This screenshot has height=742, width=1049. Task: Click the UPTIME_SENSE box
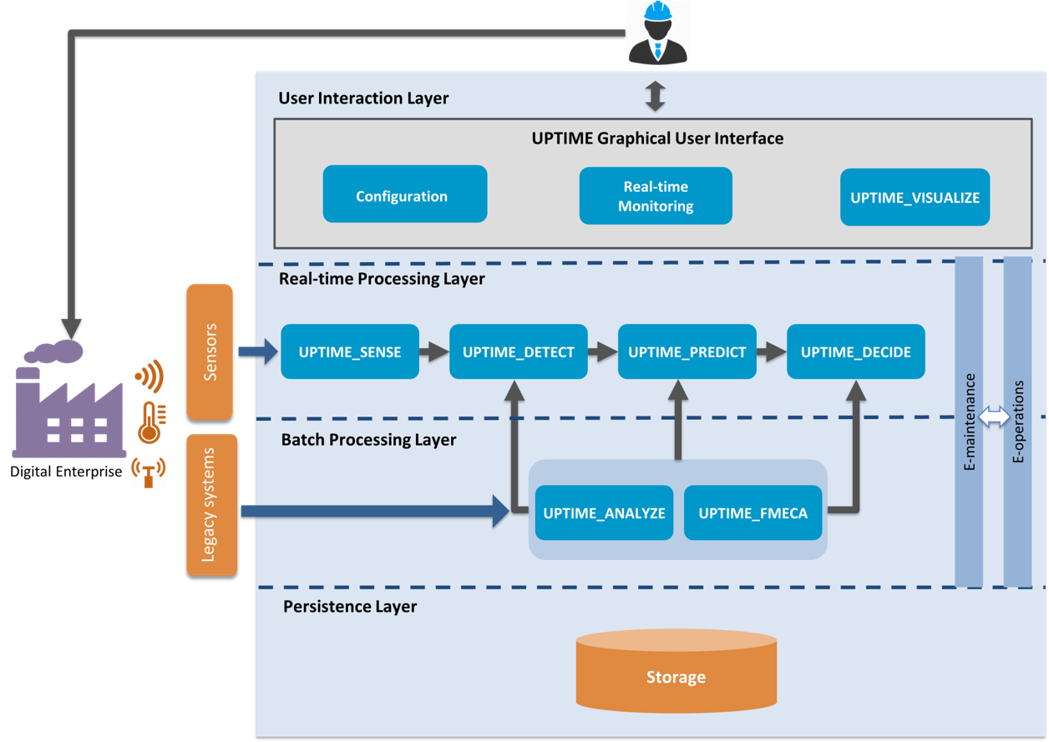(x=350, y=351)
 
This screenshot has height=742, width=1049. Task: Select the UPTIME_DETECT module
(x=519, y=351)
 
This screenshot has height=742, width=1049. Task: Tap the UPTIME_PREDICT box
(x=687, y=351)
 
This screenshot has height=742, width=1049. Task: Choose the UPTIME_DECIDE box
(x=855, y=351)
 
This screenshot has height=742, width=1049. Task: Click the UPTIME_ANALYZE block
(x=604, y=512)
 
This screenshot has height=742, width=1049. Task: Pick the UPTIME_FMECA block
(x=753, y=512)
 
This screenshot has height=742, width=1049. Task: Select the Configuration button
(x=405, y=194)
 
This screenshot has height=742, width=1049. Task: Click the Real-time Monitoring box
(x=656, y=195)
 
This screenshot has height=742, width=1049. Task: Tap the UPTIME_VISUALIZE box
(x=915, y=197)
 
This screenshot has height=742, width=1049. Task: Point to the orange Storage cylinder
(x=677, y=671)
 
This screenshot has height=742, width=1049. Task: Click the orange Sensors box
(x=210, y=352)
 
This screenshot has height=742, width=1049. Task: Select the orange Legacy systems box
(x=211, y=505)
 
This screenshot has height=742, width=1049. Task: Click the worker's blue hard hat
(x=657, y=11)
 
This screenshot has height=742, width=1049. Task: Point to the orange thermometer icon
(x=151, y=422)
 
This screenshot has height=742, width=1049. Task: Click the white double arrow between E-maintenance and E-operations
(x=993, y=416)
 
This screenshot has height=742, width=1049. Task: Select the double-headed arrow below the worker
(x=655, y=96)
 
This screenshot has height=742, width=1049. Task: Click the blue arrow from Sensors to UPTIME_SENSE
(x=258, y=351)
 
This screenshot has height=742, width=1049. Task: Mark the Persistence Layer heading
(x=350, y=607)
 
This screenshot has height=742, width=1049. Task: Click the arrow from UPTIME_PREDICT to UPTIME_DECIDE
(x=772, y=351)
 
